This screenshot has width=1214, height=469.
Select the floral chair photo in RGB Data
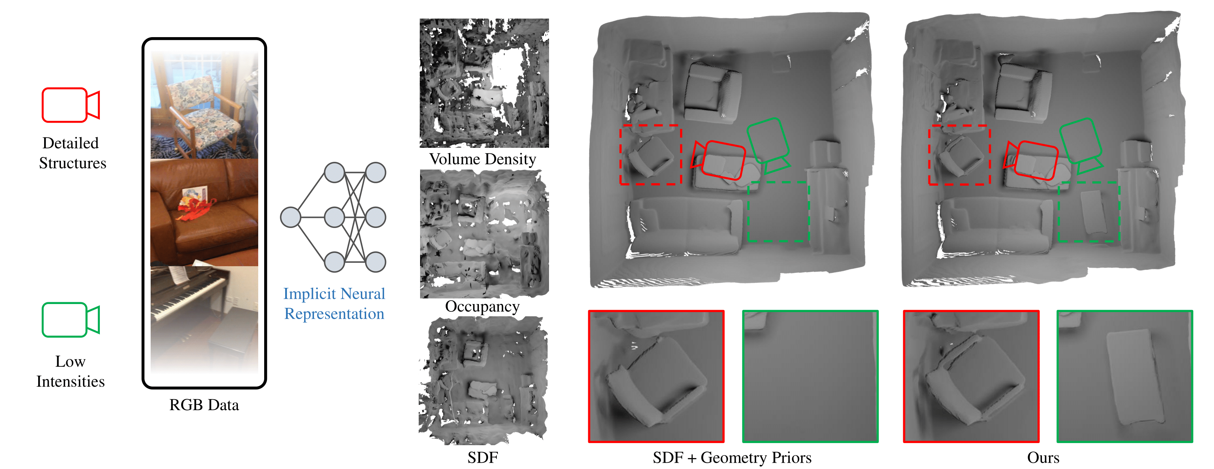coord(204,105)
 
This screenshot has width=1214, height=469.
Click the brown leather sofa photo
coord(204,212)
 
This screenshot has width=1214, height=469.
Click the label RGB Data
coord(204,405)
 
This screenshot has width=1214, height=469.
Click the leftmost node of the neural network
coord(290,217)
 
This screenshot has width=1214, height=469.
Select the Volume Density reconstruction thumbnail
coord(484,83)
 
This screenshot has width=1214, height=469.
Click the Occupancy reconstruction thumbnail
coord(484,234)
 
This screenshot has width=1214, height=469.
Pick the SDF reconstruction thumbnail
coord(483,381)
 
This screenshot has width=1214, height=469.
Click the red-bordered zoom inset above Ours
coord(971,376)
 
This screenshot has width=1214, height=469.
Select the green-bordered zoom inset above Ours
coord(1124,376)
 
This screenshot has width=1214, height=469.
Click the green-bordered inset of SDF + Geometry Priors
coord(810,376)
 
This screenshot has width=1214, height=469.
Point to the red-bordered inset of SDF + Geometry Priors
coord(656,376)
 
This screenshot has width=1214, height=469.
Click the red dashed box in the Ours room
coord(959,154)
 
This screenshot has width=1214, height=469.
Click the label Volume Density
coord(482,159)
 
